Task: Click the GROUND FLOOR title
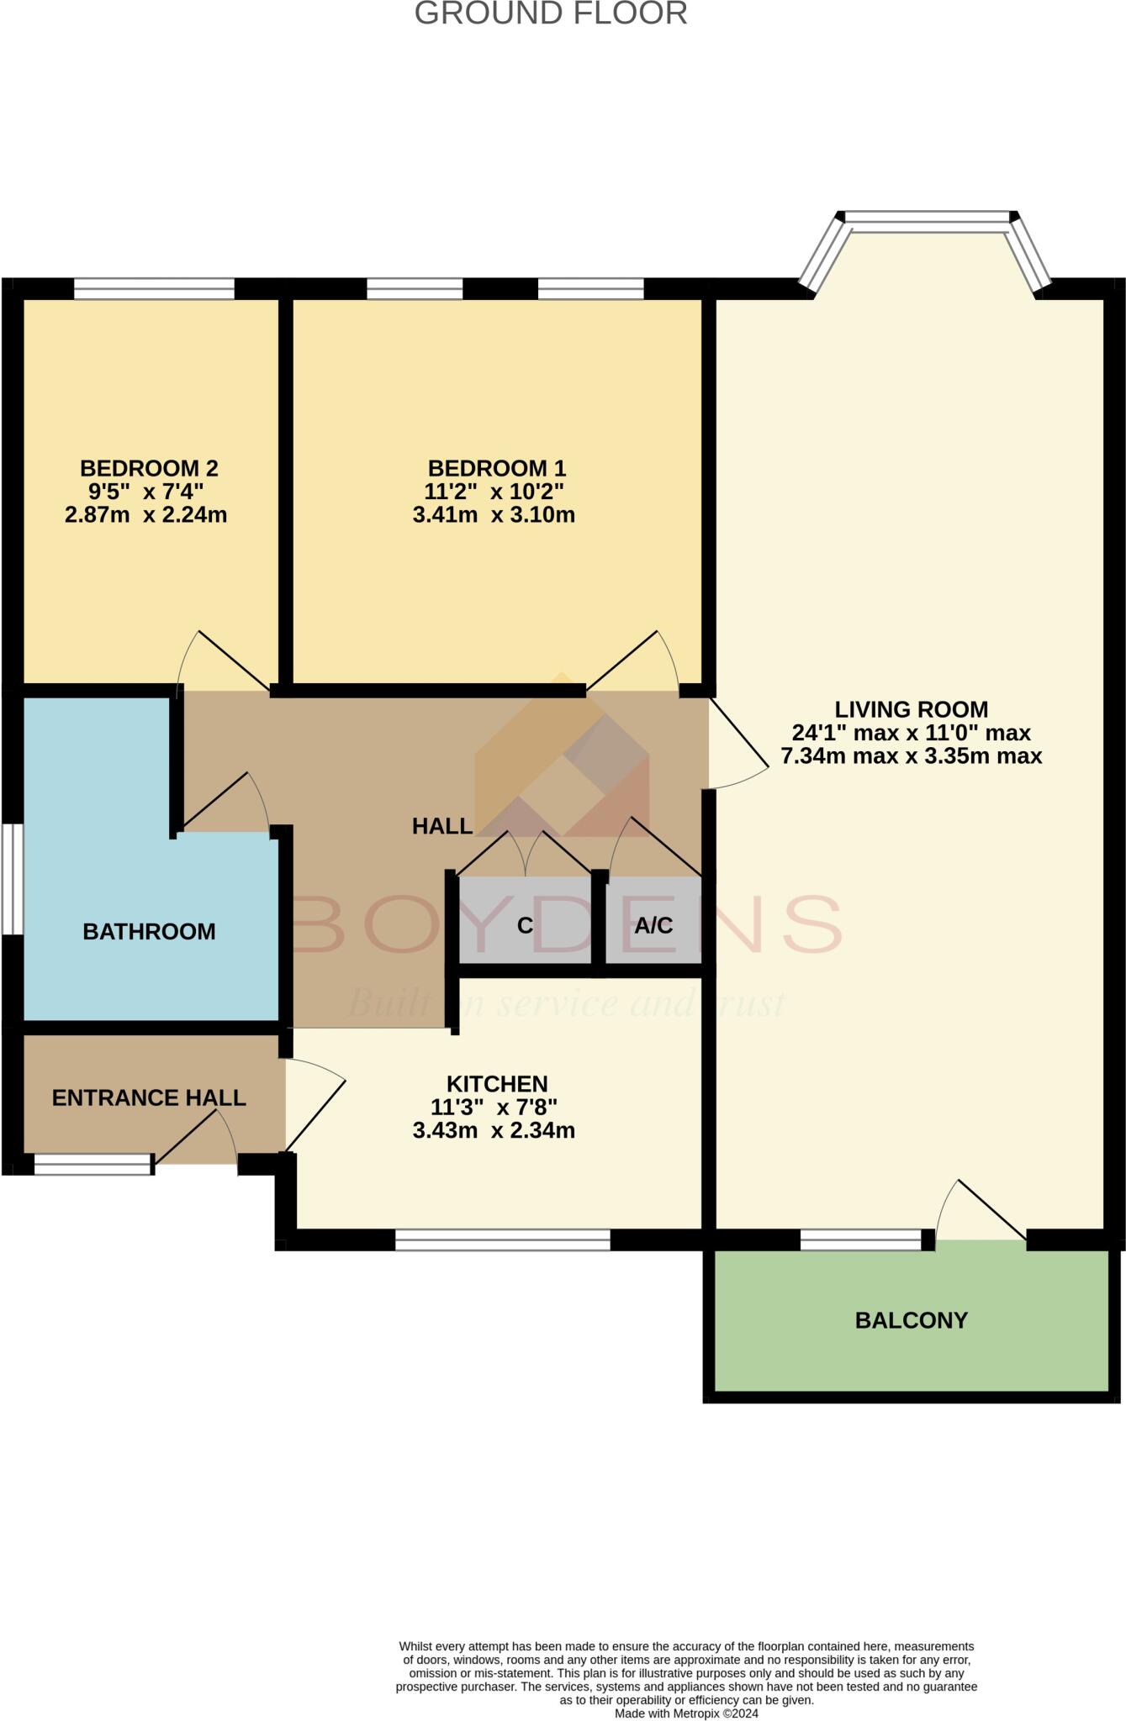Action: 551,13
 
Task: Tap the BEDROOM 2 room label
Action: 149,468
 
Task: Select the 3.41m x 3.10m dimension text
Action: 494,514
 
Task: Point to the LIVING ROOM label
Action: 911,709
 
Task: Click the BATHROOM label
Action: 149,931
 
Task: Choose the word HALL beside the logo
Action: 442,826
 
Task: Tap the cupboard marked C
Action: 525,921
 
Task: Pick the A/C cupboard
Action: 653,921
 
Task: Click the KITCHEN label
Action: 497,1084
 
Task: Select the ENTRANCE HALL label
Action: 149,1097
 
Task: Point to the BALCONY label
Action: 912,1320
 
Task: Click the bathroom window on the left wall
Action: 12,879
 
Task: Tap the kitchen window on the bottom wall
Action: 503,1239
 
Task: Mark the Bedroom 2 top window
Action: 154,288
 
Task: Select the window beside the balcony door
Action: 861,1239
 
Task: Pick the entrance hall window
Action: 93,1164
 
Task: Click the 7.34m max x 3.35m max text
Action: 912,755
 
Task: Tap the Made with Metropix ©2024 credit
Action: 686,1713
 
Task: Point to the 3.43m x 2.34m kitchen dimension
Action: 494,1130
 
